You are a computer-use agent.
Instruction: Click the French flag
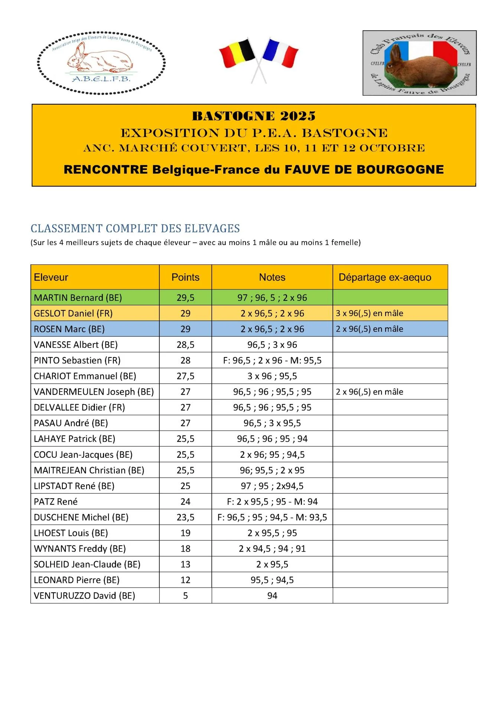point(281,52)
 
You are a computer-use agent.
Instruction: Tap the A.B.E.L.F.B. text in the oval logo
point(101,79)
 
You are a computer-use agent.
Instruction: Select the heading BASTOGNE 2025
point(254,116)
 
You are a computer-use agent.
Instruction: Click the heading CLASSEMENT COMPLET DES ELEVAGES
point(135,228)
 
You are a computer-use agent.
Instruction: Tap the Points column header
point(185,277)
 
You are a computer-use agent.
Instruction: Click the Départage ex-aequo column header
point(385,277)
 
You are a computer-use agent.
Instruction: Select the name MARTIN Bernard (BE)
point(78,298)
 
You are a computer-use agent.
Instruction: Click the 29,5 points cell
point(185,298)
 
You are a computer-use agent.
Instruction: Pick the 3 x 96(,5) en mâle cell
point(370,313)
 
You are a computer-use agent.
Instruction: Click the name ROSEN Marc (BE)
point(69,329)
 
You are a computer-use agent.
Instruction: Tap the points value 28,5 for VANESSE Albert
point(185,345)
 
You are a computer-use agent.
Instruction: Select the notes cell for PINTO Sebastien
point(272,360)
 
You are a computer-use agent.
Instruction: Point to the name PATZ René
point(56,502)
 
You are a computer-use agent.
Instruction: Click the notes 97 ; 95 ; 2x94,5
point(272,486)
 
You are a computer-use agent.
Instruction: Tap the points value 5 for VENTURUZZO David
point(185,596)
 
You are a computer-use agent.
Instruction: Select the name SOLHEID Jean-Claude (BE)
point(87,565)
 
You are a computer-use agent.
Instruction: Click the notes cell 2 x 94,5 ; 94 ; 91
point(272,549)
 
